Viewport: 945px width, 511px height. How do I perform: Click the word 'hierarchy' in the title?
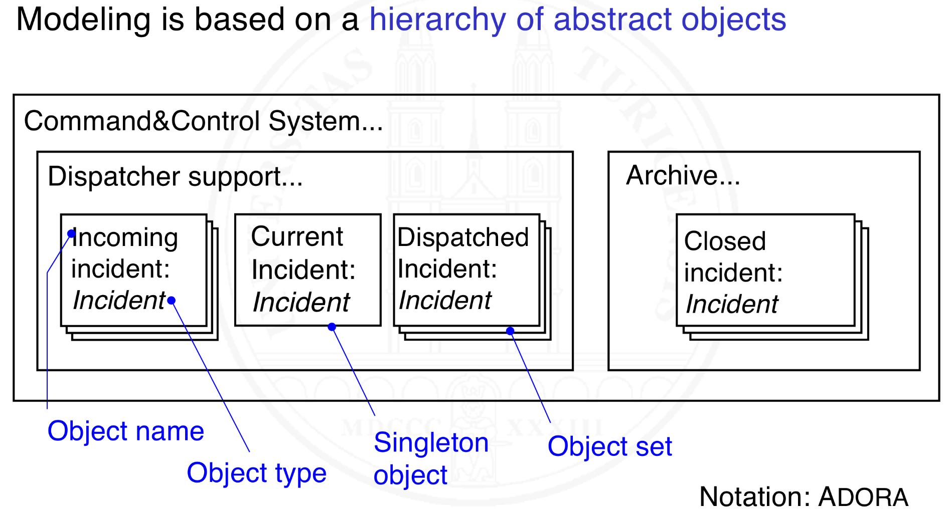click(437, 20)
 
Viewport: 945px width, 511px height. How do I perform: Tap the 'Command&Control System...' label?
click(203, 121)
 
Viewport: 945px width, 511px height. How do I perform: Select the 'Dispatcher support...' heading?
click(175, 176)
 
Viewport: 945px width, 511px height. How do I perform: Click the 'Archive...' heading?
click(682, 175)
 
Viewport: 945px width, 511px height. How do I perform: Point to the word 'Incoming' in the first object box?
click(125, 237)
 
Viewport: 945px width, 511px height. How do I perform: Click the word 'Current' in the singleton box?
click(297, 236)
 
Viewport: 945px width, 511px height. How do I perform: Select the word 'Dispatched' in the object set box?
click(462, 237)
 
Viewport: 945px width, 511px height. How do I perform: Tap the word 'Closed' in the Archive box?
click(724, 241)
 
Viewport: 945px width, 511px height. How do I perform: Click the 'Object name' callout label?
click(125, 431)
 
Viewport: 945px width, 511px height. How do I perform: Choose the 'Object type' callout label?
click(256, 472)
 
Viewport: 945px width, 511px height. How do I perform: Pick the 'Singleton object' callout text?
click(430, 458)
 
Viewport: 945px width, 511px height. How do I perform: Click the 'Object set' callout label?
click(609, 446)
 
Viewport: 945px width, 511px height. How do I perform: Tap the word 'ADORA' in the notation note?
click(863, 497)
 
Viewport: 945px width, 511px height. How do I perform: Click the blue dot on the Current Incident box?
click(332, 327)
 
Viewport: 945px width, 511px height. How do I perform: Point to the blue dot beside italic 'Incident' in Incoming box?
click(172, 301)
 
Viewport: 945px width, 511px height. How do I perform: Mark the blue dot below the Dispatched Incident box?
click(510, 331)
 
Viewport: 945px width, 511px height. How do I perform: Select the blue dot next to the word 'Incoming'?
click(71, 233)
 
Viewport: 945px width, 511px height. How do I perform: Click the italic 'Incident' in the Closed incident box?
click(731, 304)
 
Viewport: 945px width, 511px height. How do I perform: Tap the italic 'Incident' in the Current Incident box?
click(301, 303)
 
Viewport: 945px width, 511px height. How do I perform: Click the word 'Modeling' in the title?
click(83, 20)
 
